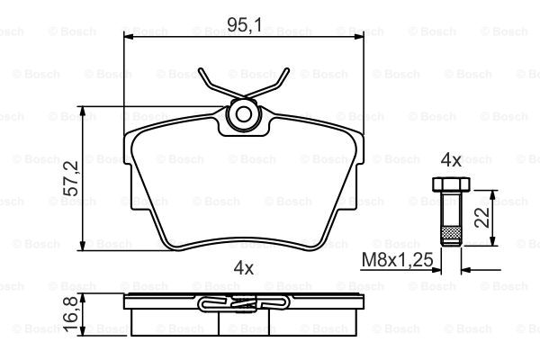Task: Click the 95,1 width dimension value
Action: [245, 25]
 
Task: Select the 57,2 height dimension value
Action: [71, 178]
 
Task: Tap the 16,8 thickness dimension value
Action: [71, 314]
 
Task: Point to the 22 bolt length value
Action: [481, 217]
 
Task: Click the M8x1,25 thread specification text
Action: [397, 259]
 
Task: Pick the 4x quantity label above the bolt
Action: [451, 160]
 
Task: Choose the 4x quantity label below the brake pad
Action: [244, 267]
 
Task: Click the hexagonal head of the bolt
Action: [451, 184]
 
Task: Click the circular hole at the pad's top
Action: [244, 114]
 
